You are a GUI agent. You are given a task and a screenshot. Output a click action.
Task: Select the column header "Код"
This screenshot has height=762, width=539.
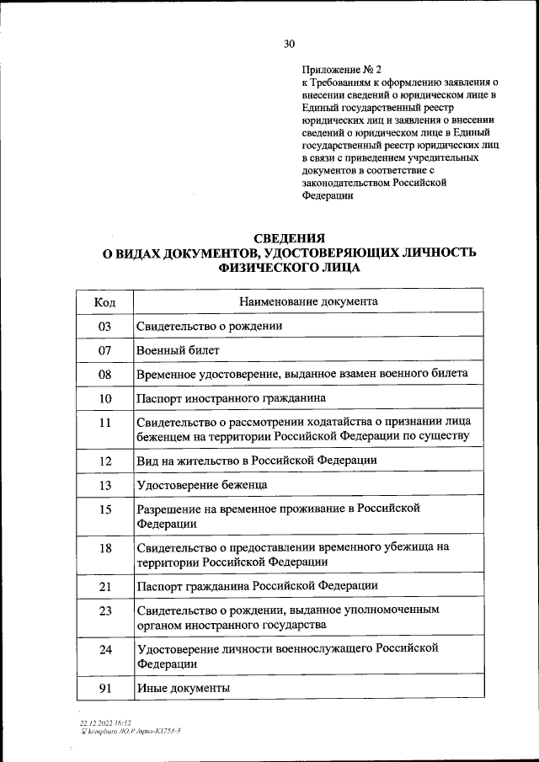pos(105,301)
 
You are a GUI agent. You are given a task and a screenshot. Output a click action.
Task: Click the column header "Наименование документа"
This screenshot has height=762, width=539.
pos(308,301)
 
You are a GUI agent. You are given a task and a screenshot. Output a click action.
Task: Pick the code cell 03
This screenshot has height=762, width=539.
pos(105,325)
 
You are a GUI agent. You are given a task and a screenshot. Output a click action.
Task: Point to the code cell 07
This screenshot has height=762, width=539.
pos(105,349)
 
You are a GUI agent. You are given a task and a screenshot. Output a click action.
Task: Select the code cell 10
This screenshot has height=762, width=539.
pos(105,397)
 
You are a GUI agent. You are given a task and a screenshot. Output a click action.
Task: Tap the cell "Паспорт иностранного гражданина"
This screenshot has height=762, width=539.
pos(225,397)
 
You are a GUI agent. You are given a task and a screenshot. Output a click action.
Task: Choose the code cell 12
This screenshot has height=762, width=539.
pos(105,461)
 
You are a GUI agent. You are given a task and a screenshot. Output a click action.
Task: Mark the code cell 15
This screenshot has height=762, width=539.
pos(105,509)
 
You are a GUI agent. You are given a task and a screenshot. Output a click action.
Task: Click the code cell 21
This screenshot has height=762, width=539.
pos(105,585)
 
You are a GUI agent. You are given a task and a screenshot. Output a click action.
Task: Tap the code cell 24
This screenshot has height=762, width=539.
pos(105,649)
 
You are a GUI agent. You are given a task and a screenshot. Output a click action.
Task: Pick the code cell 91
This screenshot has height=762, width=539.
pos(105,688)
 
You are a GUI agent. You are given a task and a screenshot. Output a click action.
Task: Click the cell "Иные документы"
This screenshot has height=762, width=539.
pos(183,688)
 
